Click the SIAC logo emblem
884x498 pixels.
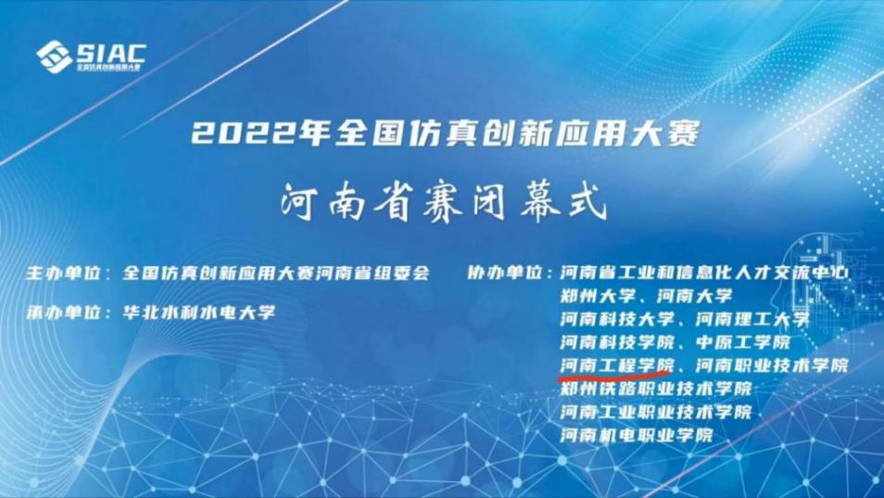point(54,57)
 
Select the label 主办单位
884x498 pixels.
point(62,274)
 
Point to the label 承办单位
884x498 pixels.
point(62,313)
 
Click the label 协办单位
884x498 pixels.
point(504,274)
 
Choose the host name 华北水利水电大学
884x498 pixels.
point(199,313)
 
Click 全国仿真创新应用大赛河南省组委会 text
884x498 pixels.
point(276,274)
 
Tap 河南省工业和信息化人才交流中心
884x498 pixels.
point(705,274)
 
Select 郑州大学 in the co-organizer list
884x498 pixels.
point(598,296)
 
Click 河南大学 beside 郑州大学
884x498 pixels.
point(695,296)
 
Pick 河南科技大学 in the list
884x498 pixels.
point(617,319)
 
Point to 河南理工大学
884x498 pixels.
point(752,319)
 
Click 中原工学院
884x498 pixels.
point(743,342)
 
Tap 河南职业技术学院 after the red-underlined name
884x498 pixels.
point(772,365)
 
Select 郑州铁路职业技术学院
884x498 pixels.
point(656,389)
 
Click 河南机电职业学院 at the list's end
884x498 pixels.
point(637,435)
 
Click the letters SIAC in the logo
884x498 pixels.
point(111,53)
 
